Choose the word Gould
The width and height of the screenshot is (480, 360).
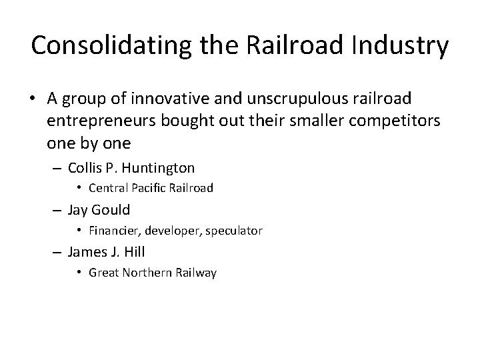110,211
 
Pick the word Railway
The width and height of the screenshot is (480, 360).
197,273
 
